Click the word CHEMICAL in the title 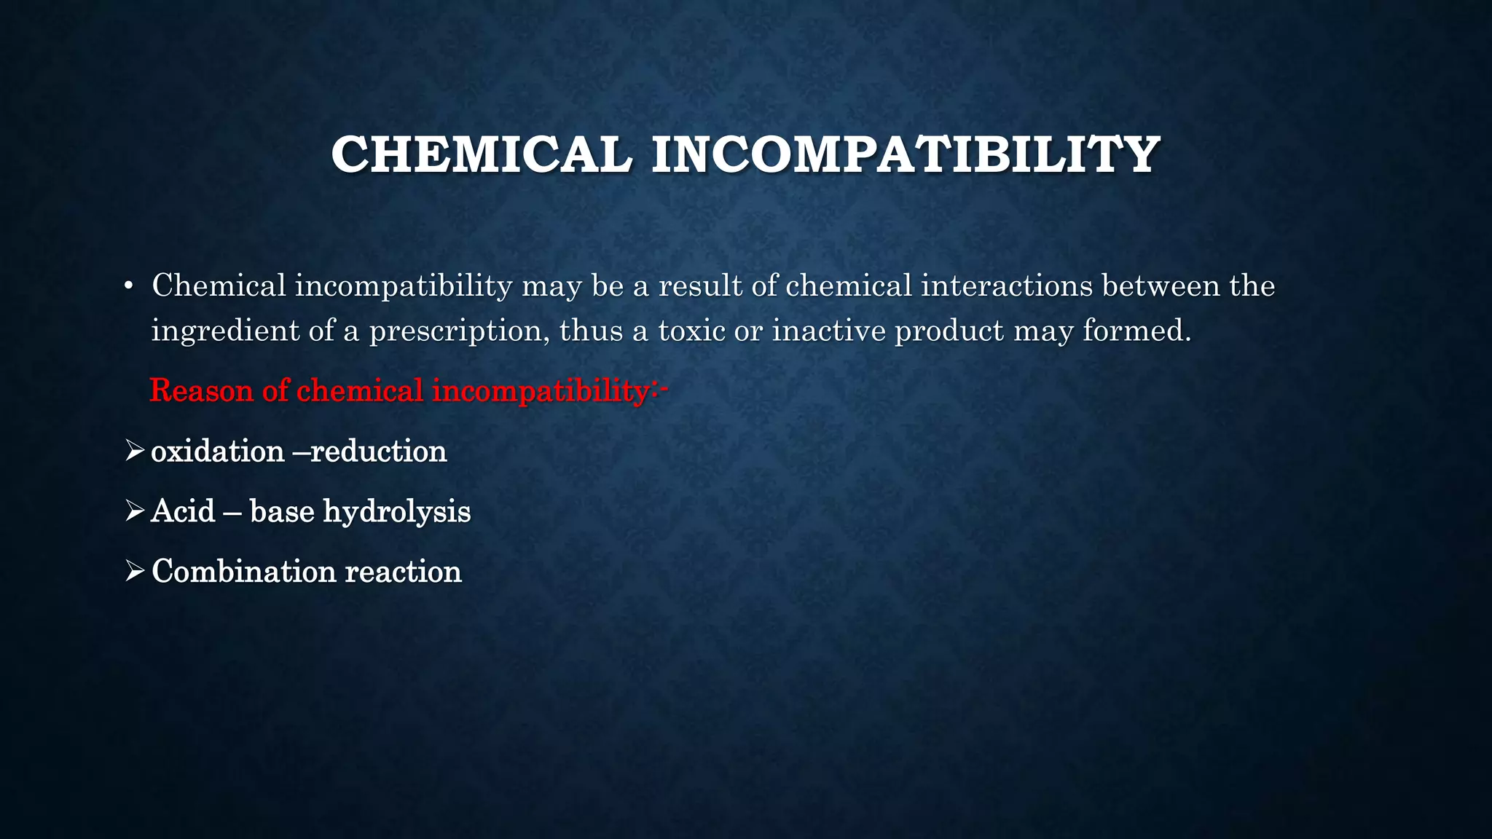point(482,154)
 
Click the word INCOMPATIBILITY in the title point(905,154)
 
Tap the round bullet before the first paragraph point(128,286)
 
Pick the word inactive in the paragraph point(829,331)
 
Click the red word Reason point(201,390)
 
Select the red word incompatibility point(540,391)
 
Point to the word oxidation point(217,452)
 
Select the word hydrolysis point(397,512)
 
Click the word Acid point(183,511)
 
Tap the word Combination point(244,571)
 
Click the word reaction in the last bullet point(403,572)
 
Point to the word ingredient point(225,331)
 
